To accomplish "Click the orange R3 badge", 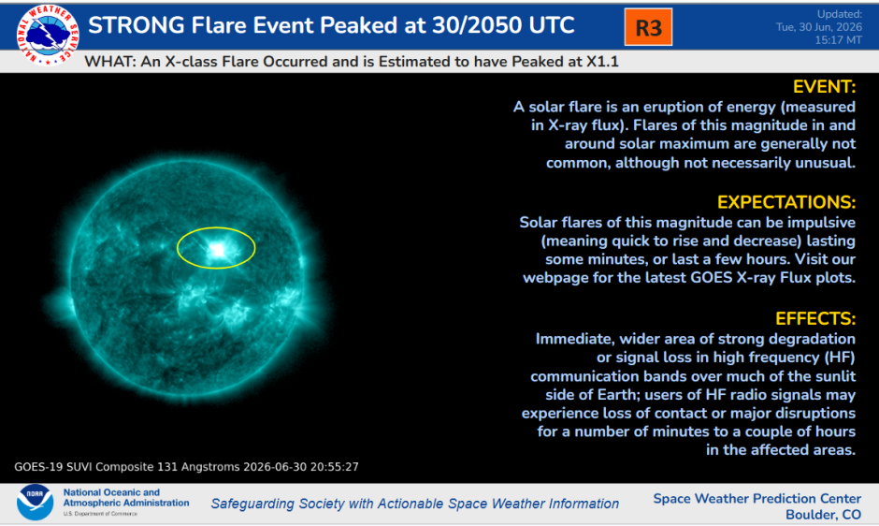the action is click(x=648, y=27).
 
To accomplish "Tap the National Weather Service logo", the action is click(x=48, y=35).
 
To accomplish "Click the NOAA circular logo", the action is click(x=35, y=502).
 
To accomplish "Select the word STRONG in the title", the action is click(x=137, y=25).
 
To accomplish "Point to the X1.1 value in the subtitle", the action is click(x=602, y=61).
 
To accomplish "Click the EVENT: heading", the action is click(x=824, y=86).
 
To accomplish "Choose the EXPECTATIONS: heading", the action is click(x=786, y=202).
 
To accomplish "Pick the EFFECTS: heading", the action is click(x=815, y=318).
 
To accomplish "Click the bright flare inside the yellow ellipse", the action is click(x=217, y=250).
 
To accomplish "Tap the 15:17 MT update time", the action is click(x=838, y=40).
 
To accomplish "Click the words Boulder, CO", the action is click(x=823, y=514).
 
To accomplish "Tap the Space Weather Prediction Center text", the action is click(x=757, y=499).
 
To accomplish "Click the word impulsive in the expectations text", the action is click(x=821, y=223).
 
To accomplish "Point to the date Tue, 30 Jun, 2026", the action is click(x=819, y=27).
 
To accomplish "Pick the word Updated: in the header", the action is click(x=839, y=14).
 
